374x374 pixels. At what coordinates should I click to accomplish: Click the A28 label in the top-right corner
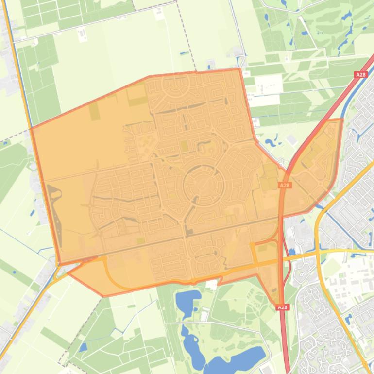pos(360,75)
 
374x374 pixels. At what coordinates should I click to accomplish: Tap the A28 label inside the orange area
pos(285,185)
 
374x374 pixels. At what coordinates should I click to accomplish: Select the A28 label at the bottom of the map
pos(282,307)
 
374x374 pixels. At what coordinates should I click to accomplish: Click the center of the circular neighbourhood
pos(204,185)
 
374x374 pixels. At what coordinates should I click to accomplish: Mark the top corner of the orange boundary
pos(239,69)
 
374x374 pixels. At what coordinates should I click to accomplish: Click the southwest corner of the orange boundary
pos(103,296)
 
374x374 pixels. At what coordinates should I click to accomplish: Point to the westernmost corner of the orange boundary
pos(31,128)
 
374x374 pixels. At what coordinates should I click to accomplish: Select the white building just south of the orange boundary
pos(212,286)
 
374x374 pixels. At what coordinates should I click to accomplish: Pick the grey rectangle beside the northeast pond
pos(291,139)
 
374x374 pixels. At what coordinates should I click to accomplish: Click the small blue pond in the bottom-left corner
pos(83,347)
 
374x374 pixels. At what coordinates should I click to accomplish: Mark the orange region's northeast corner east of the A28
pos(342,119)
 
